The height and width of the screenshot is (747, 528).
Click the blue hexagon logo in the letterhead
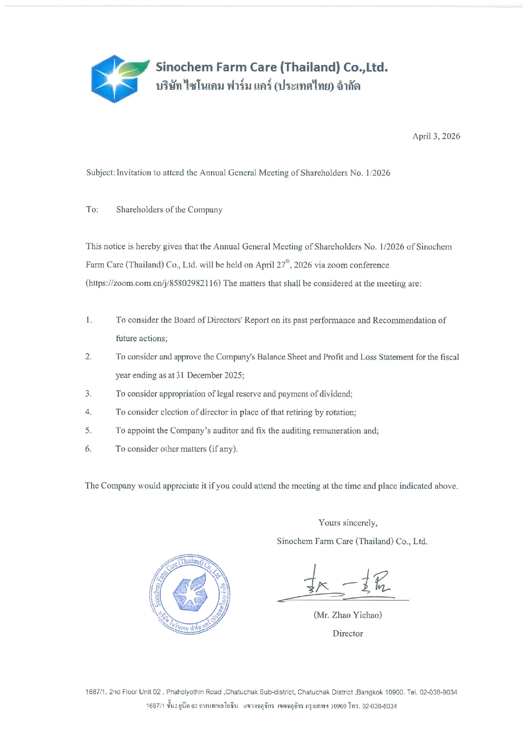pos(114,79)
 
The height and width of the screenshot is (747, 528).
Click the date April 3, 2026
pos(436,136)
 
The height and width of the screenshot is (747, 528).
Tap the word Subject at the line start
pos(100,173)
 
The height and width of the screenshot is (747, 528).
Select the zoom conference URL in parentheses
pos(154,283)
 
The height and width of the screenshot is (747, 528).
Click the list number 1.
pos(88,320)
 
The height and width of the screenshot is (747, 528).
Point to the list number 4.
pos(88,412)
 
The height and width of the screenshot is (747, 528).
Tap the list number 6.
pos(88,449)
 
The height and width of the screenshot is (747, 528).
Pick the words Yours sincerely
pos(348,523)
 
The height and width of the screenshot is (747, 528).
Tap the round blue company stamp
pos(190,594)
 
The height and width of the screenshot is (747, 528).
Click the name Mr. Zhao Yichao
pos(348,615)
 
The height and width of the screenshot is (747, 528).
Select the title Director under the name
pos(348,633)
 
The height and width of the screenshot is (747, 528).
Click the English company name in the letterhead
pos(271,67)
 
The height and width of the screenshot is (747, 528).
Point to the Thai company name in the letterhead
pos(258,86)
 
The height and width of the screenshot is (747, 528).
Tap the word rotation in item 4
pos(340,412)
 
